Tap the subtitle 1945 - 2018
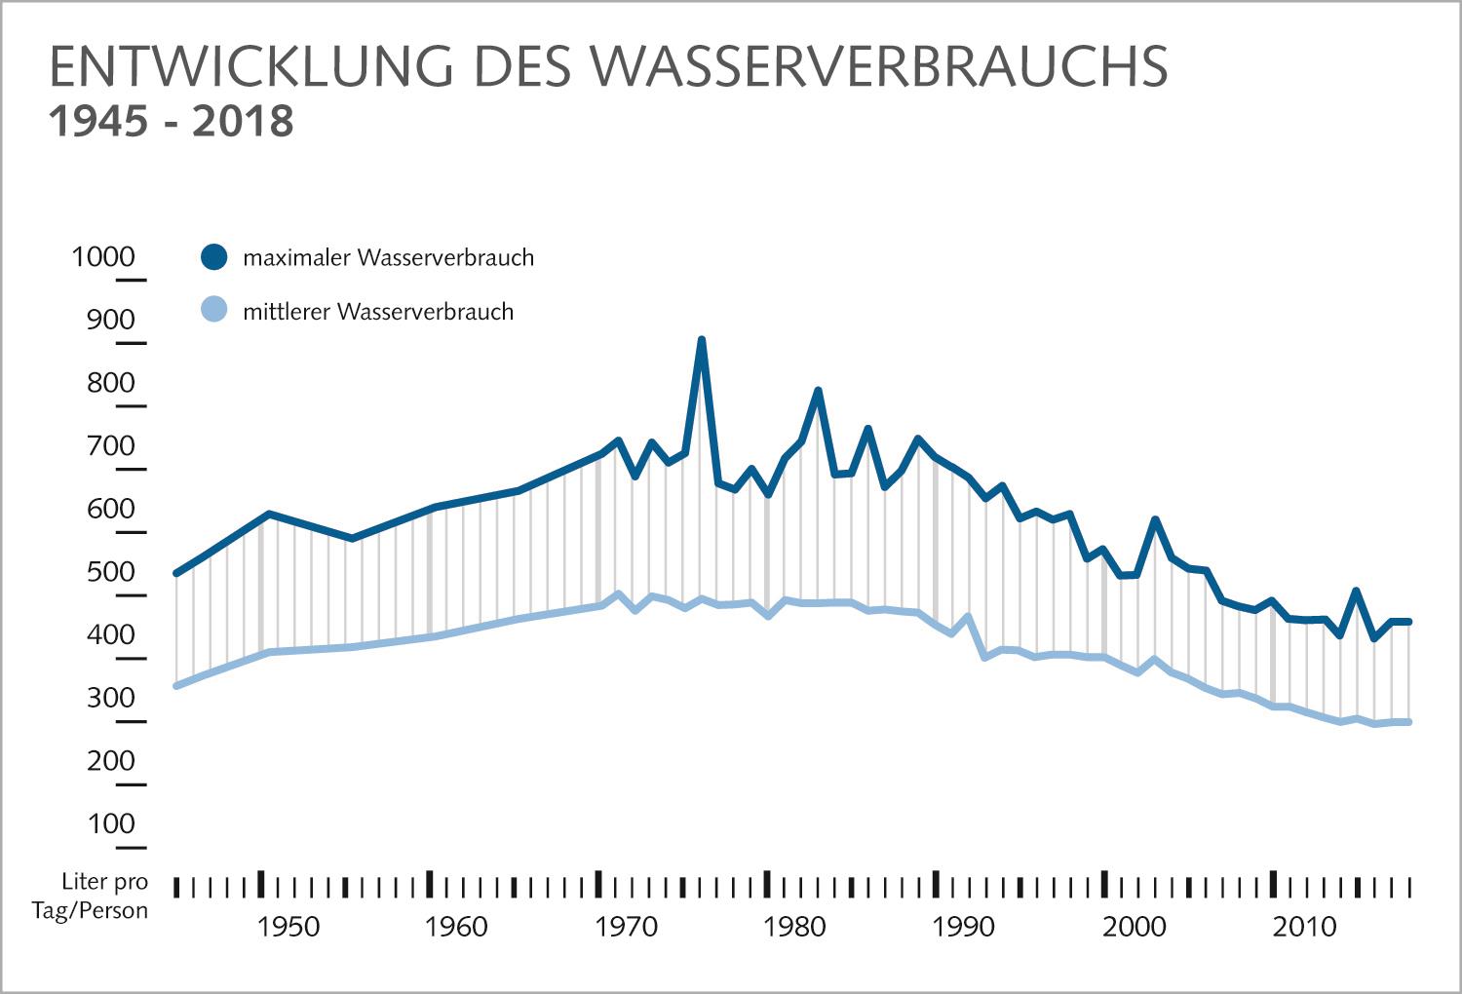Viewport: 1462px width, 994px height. pyautogui.click(x=171, y=122)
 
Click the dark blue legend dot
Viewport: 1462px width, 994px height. pyautogui.click(x=213, y=257)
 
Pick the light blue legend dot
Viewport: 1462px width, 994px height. pyautogui.click(x=213, y=311)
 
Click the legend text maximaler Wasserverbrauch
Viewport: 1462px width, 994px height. pyautogui.click(x=388, y=258)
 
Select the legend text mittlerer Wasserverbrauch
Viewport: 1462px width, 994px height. pyautogui.click(x=378, y=312)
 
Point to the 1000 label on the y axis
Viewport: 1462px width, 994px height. pyautogui.click(x=103, y=256)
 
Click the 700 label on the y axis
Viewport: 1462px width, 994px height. pyautogui.click(x=110, y=446)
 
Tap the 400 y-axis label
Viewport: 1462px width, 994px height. pyautogui.click(x=110, y=635)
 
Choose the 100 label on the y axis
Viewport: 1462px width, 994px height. pyautogui.click(x=110, y=824)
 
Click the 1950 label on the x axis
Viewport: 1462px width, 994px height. pyautogui.click(x=288, y=927)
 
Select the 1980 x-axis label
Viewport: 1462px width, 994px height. pyautogui.click(x=795, y=927)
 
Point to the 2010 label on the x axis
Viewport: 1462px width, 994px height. pyautogui.click(x=1304, y=927)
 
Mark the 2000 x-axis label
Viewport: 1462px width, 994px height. pyautogui.click(x=1135, y=927)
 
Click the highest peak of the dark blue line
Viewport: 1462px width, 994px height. pyautogui.click(x=701, y=340)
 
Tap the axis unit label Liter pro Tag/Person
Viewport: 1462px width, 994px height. pyautogui.click(x=104, y=897)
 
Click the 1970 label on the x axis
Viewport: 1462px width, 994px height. pyautogui.click(x=626, y=927)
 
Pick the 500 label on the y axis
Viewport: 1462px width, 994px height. pyautogui.click(x=110, y=572)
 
